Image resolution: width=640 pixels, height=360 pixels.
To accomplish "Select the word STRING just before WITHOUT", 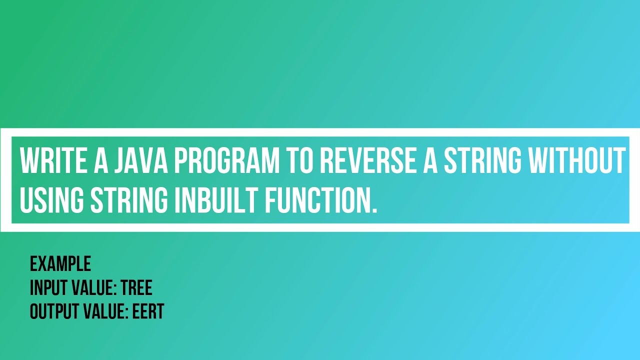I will (x=483, y=160).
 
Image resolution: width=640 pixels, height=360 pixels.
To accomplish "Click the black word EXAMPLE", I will (x=60, y=263).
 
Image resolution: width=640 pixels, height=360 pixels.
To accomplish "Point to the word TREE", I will (x=136, y=288).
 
